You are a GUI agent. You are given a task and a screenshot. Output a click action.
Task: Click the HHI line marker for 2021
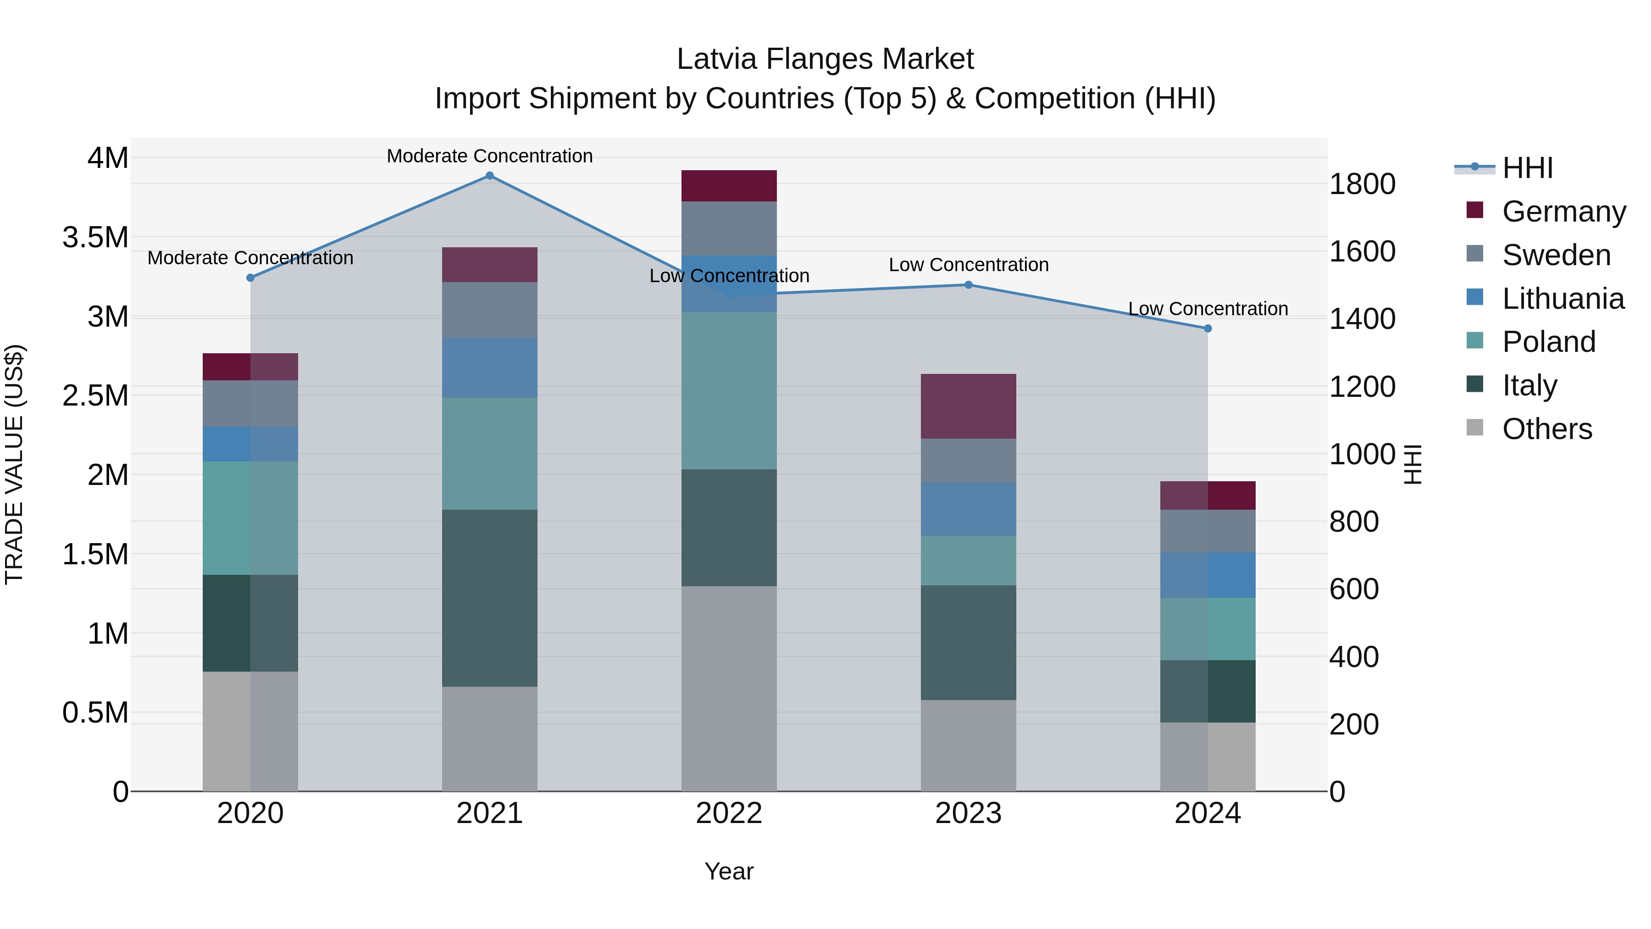tap(490, 175)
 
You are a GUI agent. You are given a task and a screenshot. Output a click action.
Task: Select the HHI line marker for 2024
tap(1208, 328)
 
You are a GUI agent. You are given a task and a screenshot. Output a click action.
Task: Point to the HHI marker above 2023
tap(969, 284)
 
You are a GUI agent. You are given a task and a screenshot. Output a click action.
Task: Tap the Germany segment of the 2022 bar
tap(729, 186)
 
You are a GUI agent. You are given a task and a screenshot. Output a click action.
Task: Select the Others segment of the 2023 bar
tap(969, 745)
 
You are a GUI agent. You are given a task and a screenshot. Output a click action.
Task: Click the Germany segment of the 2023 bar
tap(969, 406)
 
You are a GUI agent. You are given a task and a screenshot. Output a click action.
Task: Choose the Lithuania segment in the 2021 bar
tap(490, 367)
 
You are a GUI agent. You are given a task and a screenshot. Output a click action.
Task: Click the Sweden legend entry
tap(1556, 255)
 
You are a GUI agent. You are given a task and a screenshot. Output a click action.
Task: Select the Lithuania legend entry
tap(1562, 299)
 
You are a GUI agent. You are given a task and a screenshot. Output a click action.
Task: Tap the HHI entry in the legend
tap(1527, 168)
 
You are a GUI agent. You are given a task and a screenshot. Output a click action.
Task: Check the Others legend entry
tap(1546, 429)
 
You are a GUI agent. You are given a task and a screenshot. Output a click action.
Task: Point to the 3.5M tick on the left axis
tap(95, 237)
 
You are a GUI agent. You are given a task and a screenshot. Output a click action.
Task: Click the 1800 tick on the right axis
tap(1362, 184)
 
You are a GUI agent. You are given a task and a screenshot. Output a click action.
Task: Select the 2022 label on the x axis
tap(729, 813)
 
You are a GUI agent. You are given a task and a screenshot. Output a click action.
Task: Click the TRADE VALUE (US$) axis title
tap(15, 464)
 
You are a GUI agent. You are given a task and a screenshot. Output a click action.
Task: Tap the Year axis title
tap(729, 871)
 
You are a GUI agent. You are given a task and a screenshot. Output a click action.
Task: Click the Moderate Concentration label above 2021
tap(490, 156)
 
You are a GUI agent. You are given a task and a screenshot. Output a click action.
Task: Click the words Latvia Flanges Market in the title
tap(825, 59)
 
